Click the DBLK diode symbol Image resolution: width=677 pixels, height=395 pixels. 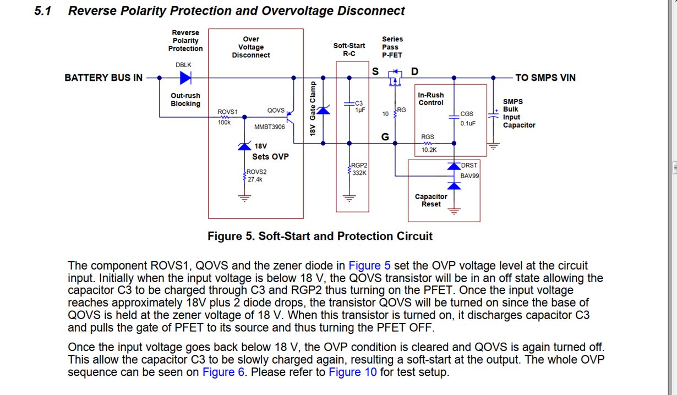(x=185, y=78)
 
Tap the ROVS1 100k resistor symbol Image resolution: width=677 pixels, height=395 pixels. (x=226, y=117)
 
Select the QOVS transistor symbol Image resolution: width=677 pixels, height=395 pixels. (x=290, y=117)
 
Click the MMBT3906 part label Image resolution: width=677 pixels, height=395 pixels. (x=270, y=127)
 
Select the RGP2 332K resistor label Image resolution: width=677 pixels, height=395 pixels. (x=359, y=169)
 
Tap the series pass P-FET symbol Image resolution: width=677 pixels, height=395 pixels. (x=394, y=78)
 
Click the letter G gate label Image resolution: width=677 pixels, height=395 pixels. (x=385, y=136)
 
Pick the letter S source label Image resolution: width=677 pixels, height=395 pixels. (x=375, y=72)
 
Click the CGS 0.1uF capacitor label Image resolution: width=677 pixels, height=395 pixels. (x=467, y=118)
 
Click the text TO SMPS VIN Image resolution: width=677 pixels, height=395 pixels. (x=545, y=78)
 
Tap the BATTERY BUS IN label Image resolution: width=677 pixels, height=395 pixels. (x=103, y=78)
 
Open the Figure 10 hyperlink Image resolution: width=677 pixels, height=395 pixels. (x=352, y=372)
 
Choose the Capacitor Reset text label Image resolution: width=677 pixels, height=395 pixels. (x=431, y=200)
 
